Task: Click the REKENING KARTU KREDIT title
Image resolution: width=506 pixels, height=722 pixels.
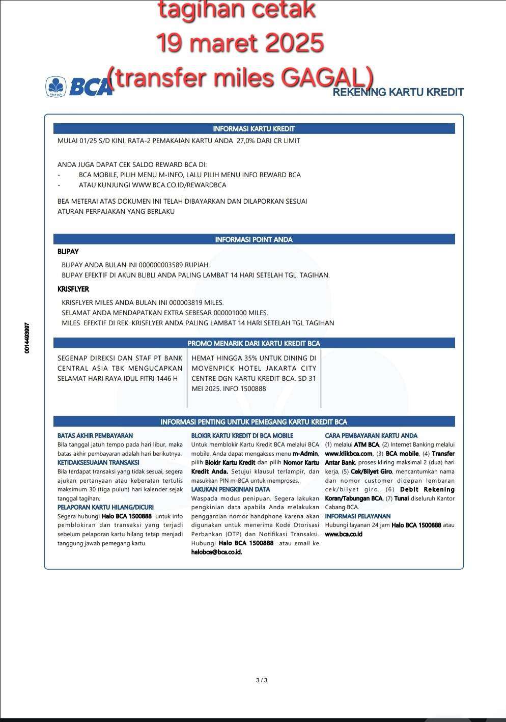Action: click(398, 92)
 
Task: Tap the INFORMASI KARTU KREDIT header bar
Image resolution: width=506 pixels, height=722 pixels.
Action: click(254, 129)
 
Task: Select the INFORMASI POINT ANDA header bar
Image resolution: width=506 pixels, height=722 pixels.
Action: click(254, 239)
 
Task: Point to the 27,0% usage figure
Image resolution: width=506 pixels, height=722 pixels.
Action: click(246, 141)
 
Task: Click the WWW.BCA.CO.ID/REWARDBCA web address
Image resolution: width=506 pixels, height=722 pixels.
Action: click(179, 185)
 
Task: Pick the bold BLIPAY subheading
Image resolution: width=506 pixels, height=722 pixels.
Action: click(68, 252)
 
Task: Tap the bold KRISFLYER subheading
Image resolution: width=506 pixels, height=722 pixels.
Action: click(73, 289)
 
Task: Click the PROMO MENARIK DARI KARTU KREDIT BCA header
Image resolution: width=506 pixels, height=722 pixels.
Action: click(254, 343)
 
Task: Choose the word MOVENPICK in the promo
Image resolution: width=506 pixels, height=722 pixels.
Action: click(211, 368)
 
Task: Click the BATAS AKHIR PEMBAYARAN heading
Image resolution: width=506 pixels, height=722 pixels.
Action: click(95, 435)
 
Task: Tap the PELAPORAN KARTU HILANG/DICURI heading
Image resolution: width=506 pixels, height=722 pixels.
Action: click(105, 507)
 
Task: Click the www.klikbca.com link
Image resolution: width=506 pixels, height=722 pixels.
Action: click(349, 454)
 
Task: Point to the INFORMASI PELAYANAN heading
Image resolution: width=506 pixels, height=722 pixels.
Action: click(358, 516)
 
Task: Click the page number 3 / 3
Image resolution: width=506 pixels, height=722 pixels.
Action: click(262, 680)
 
